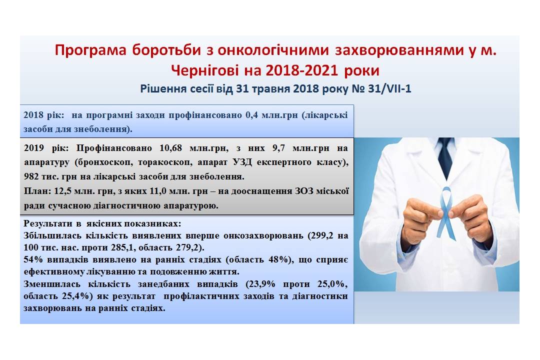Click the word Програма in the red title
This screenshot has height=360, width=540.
[x=90, y=50]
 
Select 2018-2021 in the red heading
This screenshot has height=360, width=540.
[x=301, y=70]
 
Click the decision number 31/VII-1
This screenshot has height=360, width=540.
[x=389, y=89]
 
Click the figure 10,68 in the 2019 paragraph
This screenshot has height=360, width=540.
[x=170, y=148]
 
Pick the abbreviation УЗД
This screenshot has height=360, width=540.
[x=242, y=162]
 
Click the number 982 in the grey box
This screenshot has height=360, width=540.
[x=31, y=176]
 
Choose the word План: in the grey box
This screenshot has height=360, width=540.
[x=37, y=191]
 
